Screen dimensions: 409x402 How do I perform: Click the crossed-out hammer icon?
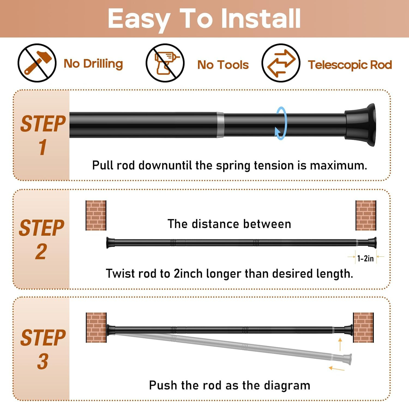click(37, 63)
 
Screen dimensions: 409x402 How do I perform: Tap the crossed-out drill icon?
click(165, 63)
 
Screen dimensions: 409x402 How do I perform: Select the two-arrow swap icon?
click(281, 63)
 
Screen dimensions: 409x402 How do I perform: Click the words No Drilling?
click(93, 64)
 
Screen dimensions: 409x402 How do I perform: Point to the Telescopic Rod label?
click(350, 65)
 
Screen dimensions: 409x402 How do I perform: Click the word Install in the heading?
click(260, 19)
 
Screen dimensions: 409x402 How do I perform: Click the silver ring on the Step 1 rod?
click(220, 125)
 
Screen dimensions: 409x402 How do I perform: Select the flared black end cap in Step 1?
click(360, 125)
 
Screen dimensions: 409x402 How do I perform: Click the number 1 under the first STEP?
click(43, 147)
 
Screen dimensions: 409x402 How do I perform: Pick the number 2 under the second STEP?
click(41, 251)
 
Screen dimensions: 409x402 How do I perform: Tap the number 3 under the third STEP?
click(43, 361)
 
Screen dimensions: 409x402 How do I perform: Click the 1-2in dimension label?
click(365, 258)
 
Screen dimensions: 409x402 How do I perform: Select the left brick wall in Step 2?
click(96, 215)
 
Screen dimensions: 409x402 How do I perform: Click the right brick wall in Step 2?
click(366, 215)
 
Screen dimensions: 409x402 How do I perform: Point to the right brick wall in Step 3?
click(363, 327)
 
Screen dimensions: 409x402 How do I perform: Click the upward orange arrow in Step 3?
click(340, 344)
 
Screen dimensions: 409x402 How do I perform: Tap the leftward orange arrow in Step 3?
click(336, 369)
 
